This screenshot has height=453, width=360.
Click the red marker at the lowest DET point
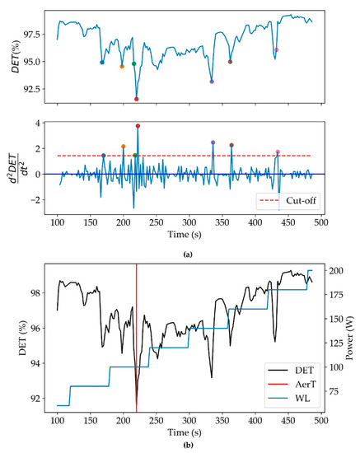pos(137,99)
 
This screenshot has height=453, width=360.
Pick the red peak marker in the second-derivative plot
pos(138,126)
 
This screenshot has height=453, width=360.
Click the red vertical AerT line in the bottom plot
pos(137,329)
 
